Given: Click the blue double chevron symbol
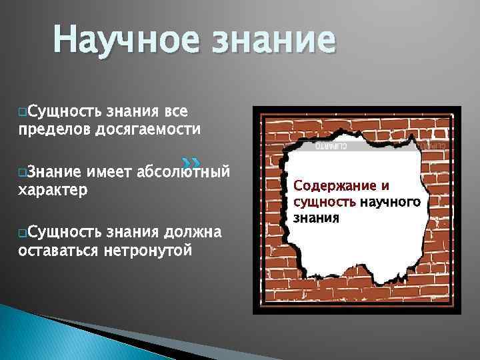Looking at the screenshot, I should click(x=191, y=162).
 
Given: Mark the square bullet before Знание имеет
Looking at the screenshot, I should click(x=23, y=173).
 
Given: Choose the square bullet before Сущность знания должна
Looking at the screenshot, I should click(x=23, y=233).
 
